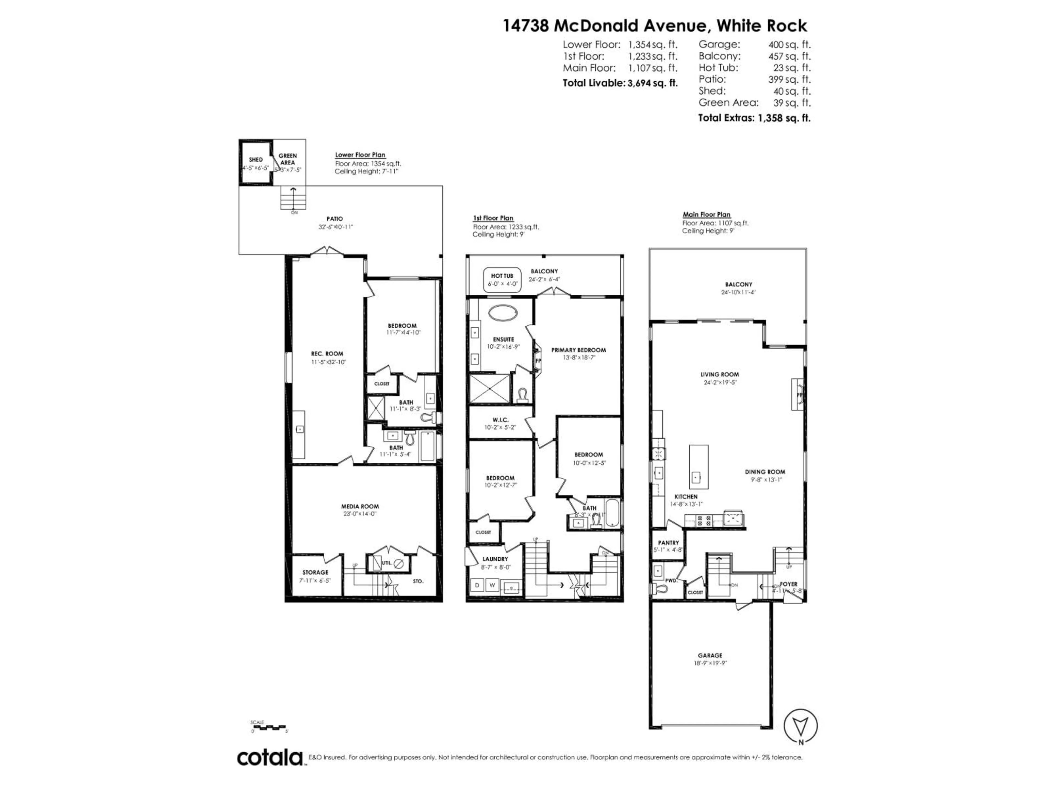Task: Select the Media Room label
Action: [360, 506]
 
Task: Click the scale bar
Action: [268, 727]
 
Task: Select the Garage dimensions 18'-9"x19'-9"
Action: [710, 663]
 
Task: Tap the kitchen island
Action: [698, 467]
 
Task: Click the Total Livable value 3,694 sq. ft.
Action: [652, 83]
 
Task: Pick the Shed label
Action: [256, 160]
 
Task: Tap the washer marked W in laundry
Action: [492, 586]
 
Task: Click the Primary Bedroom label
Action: [578, 350]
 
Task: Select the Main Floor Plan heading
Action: [706, 215]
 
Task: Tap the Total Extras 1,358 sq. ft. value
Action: [784, 118]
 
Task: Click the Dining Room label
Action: [764, 472]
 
